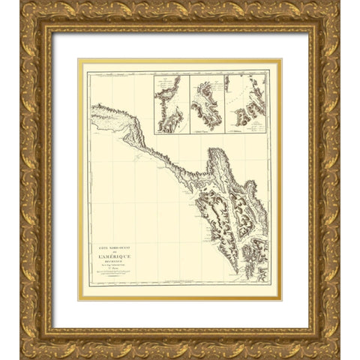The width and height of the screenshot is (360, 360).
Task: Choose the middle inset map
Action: click(x=208, y=104)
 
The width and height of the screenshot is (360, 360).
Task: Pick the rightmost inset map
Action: click(x=246, y=104)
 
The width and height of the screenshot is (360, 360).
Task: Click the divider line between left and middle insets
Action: click(x=190, y=104)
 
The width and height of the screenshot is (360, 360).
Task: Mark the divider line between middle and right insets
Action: click(x=226, y=104)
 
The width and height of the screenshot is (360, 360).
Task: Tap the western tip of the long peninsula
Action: click(x=91, y=109)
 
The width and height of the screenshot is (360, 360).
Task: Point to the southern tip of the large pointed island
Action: click(x=237, y=271)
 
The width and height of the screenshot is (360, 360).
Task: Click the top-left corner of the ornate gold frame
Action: click(x=21, y=2)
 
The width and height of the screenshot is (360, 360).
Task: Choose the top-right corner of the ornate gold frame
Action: click(x=339, y=2)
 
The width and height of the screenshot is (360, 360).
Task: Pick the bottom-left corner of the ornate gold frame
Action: click(x=21, y=358)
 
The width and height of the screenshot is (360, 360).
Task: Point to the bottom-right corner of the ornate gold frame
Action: click(x=339, y=358)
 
